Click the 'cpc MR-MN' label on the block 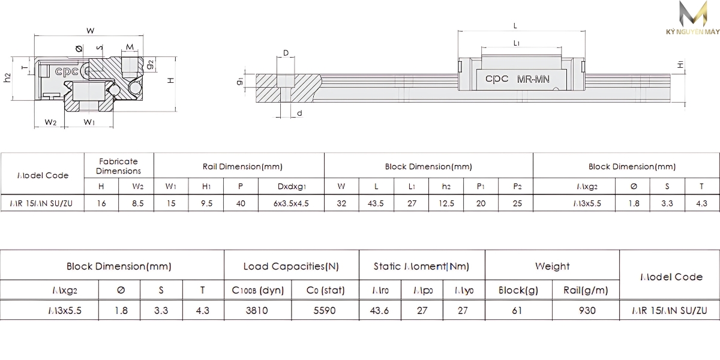point(519,79)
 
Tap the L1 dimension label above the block point(516,43)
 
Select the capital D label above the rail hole point(286,53)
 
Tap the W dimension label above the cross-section point(90,30)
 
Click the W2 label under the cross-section point(50,122)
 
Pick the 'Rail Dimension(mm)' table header point(239,166)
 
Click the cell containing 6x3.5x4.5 point(291,203)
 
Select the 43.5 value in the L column point(376,203)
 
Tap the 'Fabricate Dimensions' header point(118,166)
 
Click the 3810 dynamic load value point(258,310)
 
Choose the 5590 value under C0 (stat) point(325,310)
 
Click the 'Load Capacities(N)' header point(291,266)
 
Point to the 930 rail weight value point(586,310)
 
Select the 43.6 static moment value point(380,310)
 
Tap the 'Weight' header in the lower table point(552,266)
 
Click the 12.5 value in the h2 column point(446,203)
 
